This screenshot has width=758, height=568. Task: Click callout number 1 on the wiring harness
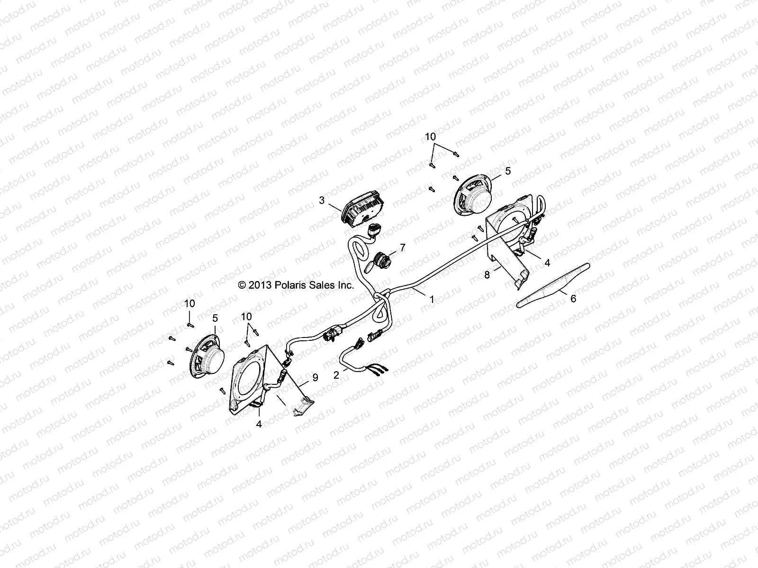(x=432, y=299)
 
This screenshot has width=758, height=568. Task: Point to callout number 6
(x=573, y=299)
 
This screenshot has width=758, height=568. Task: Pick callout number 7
(x=403, y=247)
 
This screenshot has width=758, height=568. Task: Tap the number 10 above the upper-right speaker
(x=430, y=137)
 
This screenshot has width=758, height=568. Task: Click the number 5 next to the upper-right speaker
(x=508, y=171)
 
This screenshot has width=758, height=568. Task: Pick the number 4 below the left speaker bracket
(x=259, y=424)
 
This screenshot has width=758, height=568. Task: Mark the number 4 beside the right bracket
(x=547, y=263)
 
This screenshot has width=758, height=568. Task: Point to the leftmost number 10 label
(x=189, y=303)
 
